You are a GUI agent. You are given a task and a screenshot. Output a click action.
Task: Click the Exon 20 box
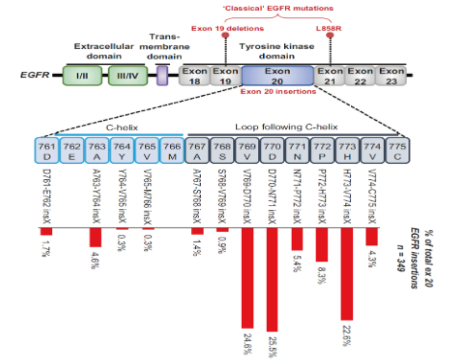277,75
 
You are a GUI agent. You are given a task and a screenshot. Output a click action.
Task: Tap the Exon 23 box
392,75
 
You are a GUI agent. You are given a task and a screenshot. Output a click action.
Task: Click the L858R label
328,28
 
